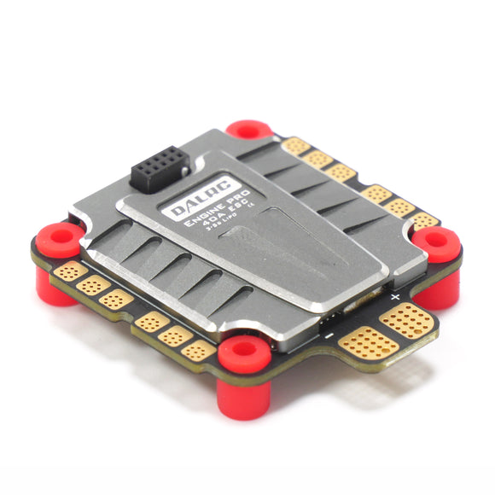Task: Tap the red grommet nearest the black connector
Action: tap(248, 131)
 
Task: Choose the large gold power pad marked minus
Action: tap(368, 343)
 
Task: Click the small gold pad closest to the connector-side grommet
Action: tap(297, 146)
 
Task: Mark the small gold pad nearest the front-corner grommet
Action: tap(198, 349)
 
